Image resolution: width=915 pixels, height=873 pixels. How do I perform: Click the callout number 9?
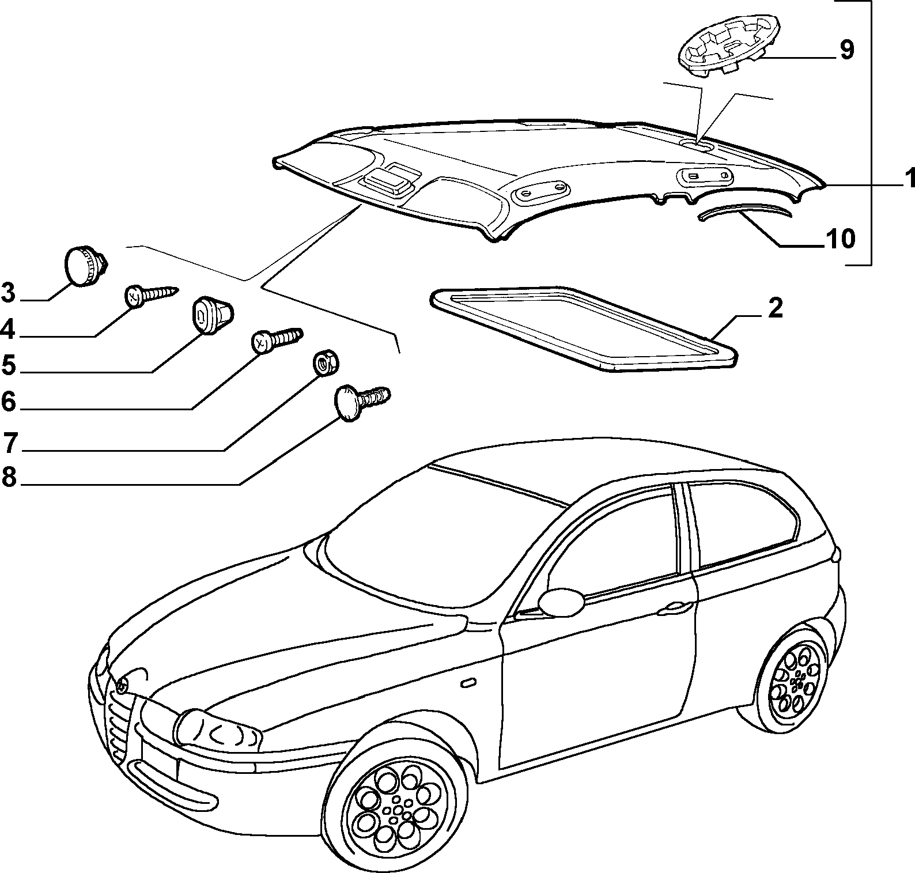pyautogui.click(x=846, y=50)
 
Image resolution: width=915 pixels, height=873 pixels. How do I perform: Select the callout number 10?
pyautogui.click(x=841, y=239)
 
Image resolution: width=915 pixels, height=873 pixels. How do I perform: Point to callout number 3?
pyautogui.click(x=8, y=293)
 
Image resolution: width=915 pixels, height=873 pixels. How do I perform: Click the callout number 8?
pyautogui.click(x=9, y=478)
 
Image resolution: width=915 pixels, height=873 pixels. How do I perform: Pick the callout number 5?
pyautogui.click(x=8, y=365)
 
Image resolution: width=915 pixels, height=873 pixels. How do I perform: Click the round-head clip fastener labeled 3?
pyautogui.click(x=86, y=265)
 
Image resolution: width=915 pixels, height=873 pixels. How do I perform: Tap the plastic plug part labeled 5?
pyautogui.click(x=211, y=315)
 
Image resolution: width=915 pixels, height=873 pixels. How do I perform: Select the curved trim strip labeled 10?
pyautogui.click(x=743, y=211)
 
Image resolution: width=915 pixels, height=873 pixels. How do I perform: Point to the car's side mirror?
pyautogui.click(x=561, y=602)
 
